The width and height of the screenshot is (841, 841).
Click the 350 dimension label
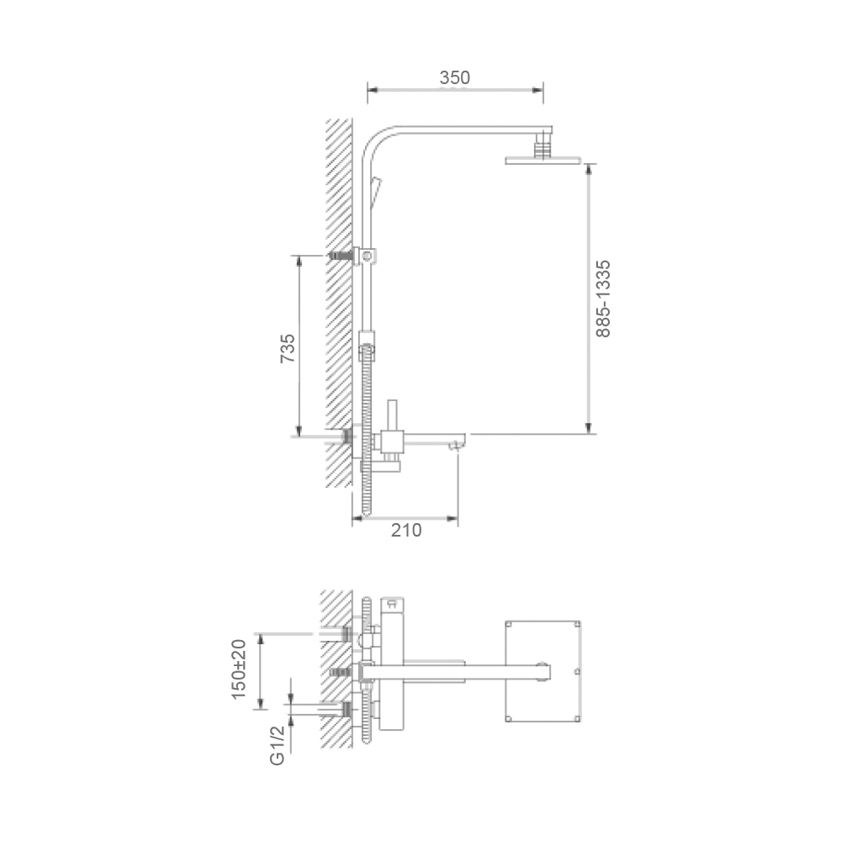point(455,77)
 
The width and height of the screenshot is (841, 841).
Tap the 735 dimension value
point(288,348)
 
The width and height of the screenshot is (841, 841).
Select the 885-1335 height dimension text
point(603,299)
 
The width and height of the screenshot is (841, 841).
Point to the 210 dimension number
point(406,530)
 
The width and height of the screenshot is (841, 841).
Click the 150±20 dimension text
point(238,669)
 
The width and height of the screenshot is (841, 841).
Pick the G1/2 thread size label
point(277,745)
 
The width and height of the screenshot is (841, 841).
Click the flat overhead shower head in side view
point(542,160)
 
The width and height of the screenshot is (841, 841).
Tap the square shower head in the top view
point(542,671)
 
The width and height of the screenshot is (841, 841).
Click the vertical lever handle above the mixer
point(392,415)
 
